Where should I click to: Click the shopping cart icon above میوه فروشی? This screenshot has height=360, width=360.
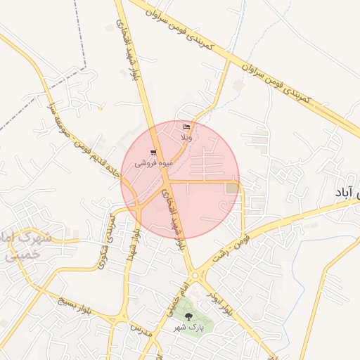tap(153, 153)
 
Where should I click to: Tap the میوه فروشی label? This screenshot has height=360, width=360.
tap(154, 162)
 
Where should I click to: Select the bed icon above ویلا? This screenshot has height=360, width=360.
tap(186, 127)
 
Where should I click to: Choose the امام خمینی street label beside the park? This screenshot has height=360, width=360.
tap(172, 300)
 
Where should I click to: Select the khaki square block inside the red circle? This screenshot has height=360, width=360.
tap(232, 188)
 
